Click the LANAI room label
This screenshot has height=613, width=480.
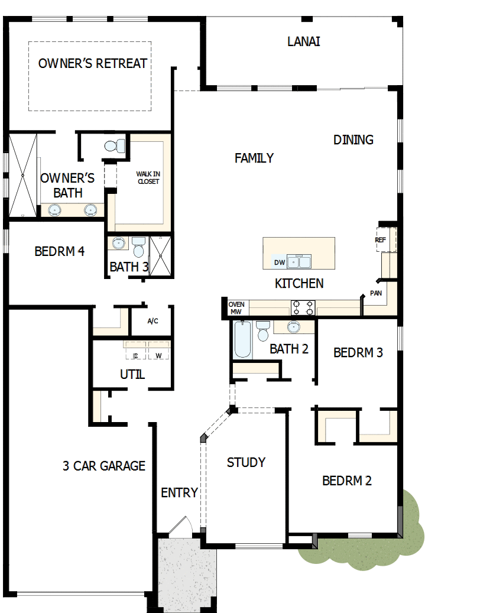pyautogui.click(x=304, y=41)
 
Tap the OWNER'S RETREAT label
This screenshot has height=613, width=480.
pyautogui.click(x=93, y=63)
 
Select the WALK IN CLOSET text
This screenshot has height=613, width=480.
pyautogui.click(x=148, y=177)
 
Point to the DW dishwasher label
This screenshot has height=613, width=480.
pyautogui.click(x=278, y=262)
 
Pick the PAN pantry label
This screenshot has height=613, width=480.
pyautogui.click(x=375, y=293)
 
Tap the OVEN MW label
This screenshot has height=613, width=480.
pyautogui.click(x=236, y=308)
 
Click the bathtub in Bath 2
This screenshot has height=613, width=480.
pyautogui.click(x=242, y=339)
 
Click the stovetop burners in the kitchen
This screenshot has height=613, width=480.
pyautogui.click(x=302, y=307)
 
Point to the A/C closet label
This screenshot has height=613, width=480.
pyautogui.click(x=153, y=321)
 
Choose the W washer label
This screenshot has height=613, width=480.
pyautogui.click(x=158, y=356)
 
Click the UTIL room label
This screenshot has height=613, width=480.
pyautogui.click(x=132, y=374)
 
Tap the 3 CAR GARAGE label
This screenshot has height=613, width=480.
pyautogui.click(x=104, y=466)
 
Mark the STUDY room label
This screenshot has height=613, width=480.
pyautogui.click(x=246, y=462)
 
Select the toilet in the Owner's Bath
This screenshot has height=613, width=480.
pyautogui.click(x=113, y=145)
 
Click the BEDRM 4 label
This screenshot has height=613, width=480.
pyautogui.click(x=59, y=251)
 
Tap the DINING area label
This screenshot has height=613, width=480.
pyautogui.click(x=353, y=140)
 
